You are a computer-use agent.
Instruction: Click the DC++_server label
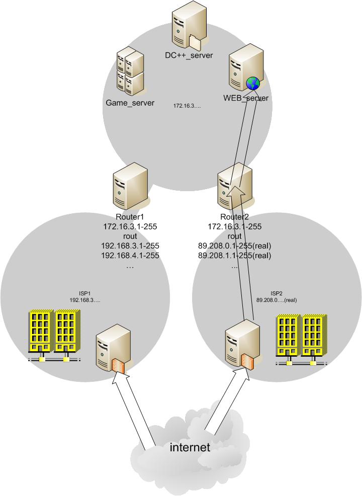pos(189,55)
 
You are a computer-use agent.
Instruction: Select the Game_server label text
pos(130,103)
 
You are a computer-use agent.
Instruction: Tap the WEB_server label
pos(246,98)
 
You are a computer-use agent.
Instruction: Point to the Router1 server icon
pos(130,189)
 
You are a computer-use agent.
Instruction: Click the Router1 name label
pos(130,217)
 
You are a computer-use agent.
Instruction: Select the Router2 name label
pos(234,217)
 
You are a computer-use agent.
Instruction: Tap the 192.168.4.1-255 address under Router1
pos(130,256)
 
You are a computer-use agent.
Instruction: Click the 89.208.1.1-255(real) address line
pos(234,256)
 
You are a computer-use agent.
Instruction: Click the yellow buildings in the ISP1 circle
pos(54,335)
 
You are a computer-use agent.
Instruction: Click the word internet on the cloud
pos(190,447)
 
